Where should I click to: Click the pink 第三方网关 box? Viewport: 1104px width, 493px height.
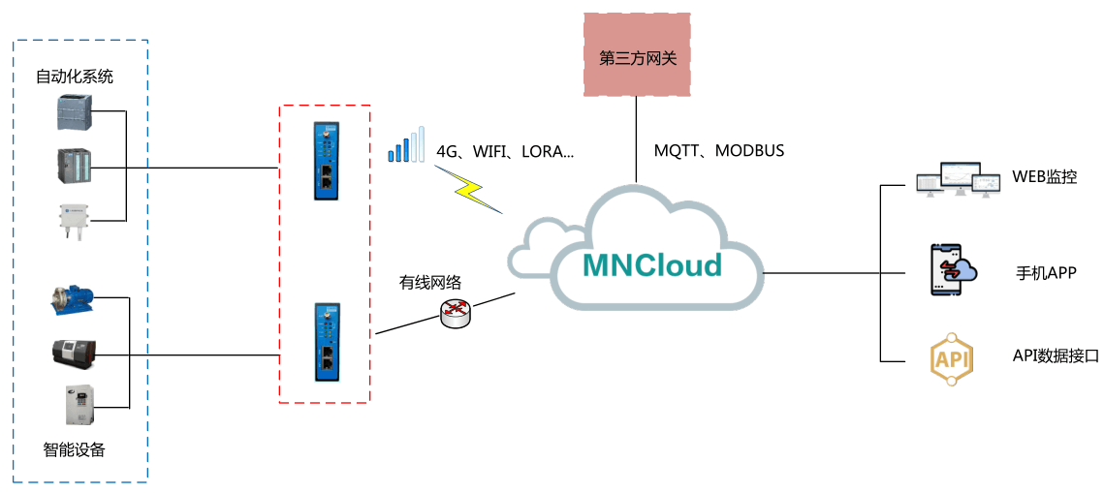pyautogui.click(x=638, y=55)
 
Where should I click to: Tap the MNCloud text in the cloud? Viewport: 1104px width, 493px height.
pyautogui.click(x=652, y=264)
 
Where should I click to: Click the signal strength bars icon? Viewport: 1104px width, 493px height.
pyautogui.click(x=406, y=146)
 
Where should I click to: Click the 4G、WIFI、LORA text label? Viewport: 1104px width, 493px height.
pyautogui.click(x=505, y=152)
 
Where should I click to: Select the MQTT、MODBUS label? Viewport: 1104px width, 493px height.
pyautogui.click(x=719, y=151)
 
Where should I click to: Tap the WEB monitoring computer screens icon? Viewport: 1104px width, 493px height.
pyautogui.click(x=957, y=180)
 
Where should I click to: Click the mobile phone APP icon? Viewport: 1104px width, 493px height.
pyautogui.click(x=949, y=270)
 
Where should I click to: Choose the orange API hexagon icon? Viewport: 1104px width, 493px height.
pyautogui.click(x=950, y=359)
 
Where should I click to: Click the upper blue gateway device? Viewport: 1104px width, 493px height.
pyautogui.click(x=327, y=160)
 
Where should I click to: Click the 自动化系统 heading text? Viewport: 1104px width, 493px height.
pyautogui.click(x=75, y=77)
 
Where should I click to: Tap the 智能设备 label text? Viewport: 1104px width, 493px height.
pyautogui.click(x=74, y=449)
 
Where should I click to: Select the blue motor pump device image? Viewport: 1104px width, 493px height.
pyautogui.click(x=73, y=301)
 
